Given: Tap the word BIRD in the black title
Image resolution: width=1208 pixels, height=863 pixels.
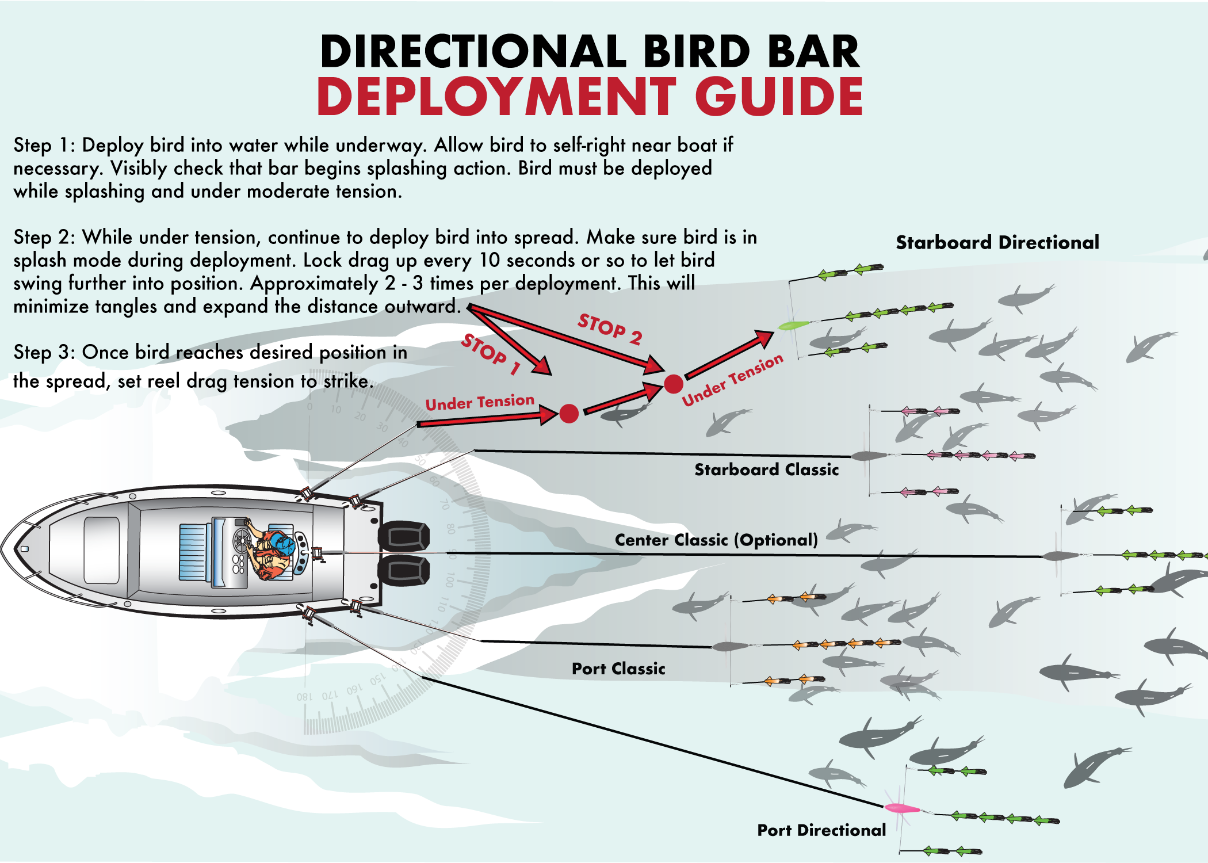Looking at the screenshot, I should pyautogui.click(x=697, y=52).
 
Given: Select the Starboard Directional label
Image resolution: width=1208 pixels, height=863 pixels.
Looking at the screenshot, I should pyautogui.click(x=997, y=243).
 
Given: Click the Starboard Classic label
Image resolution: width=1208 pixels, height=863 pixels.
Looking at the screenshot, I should pyautogui.click(x=766, y=470).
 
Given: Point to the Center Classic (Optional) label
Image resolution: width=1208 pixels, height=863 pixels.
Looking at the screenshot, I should pyautogui.click(x=716, y=540).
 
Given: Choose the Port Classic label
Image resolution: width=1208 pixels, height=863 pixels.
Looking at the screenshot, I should pyautogui.click(x=618, y=669).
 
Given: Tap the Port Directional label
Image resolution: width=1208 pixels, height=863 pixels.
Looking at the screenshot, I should pyautogui.click(x=821, y=830).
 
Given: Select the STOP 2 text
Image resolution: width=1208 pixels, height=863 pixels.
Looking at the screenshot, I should pyautogui.click(x=610, y=329).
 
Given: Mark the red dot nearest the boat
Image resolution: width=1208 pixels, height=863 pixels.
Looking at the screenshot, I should pyautogui.click(x=569, y=413).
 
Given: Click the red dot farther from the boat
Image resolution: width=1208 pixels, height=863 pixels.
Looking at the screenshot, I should pyautogui.click(x=674, y=384).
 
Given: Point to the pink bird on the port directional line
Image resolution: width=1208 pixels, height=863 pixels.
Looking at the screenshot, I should pyautogui.click(x=901, y=808).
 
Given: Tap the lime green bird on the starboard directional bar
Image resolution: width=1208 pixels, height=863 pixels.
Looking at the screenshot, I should pyautogui.click(x=793, y=326).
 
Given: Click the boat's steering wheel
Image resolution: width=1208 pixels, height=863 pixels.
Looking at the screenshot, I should pyautogui.click(x=242, y=541).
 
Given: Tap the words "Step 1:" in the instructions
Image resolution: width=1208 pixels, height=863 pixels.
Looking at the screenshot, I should pyautogui.click(x=44, y=146).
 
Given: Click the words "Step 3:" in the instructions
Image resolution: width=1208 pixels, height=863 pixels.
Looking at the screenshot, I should pyautogui.click(x=44, y=352).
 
